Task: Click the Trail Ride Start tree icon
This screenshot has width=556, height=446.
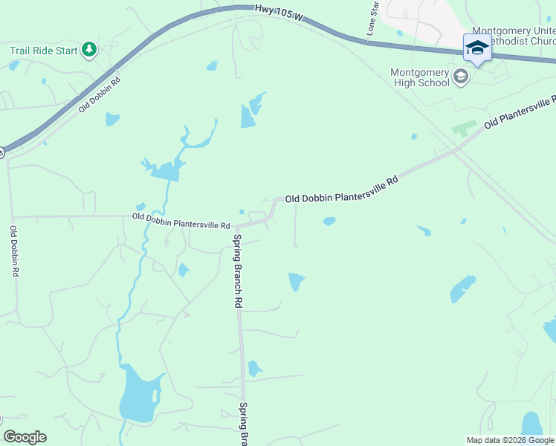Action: (89, 50)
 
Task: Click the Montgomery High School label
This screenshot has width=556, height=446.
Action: (420, 77)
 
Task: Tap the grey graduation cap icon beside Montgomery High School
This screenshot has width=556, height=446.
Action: (461, 77)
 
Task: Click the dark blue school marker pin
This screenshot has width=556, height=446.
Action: (476, 48)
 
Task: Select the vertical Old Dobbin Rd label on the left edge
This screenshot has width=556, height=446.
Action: (14, 251)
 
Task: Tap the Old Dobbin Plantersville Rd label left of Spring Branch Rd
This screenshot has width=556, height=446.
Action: (181, 221)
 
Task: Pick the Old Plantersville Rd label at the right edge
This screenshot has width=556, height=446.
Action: (520, 112)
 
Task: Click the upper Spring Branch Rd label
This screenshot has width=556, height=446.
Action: (238, 271)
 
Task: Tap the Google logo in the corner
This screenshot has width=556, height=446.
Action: (25, 437)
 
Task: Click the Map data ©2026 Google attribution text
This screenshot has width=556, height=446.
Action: (509, 440)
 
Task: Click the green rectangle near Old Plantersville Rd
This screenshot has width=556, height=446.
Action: (464, 128)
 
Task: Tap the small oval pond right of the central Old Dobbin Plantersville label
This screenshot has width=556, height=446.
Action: (329, 221)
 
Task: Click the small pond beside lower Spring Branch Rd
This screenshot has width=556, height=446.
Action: (255, 368)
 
